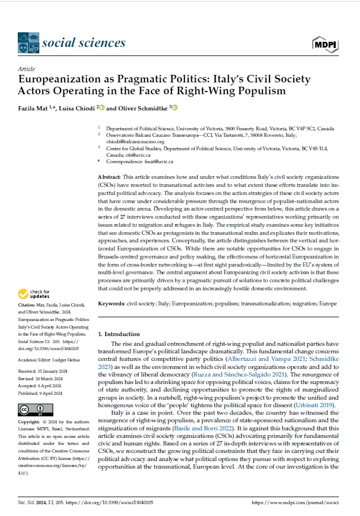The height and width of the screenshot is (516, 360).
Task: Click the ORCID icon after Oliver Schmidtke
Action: coord(175,108)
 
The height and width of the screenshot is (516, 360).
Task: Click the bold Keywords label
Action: coord(112,304)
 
